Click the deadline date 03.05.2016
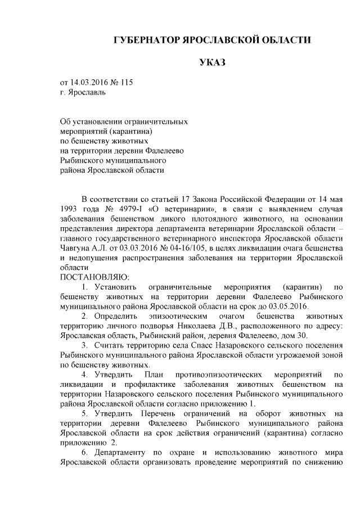tap(289, 306)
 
